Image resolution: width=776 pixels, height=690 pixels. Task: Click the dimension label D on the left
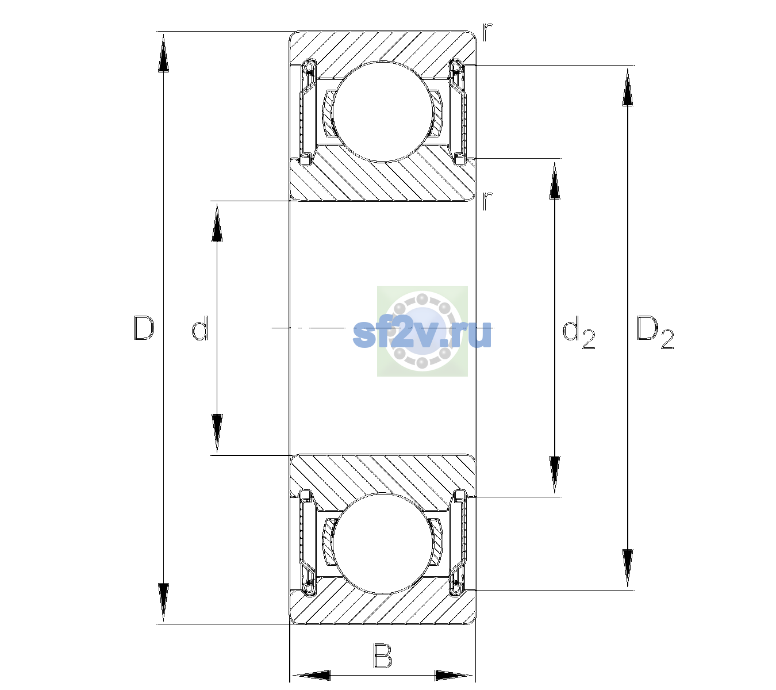(x=144, y=328)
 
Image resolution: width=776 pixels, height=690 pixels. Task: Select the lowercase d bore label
(x=200, y=328)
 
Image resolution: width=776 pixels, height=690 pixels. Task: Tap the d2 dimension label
(x=578, y=332)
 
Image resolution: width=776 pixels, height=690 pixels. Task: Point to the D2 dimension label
(x=655, y=332)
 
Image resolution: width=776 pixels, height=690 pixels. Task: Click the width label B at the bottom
(x=382, y=655)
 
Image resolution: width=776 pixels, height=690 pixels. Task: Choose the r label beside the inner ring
(x=487, y=201)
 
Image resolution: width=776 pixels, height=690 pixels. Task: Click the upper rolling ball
(x=382, y=112)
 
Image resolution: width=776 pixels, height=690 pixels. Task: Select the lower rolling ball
(x=382, y=544)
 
